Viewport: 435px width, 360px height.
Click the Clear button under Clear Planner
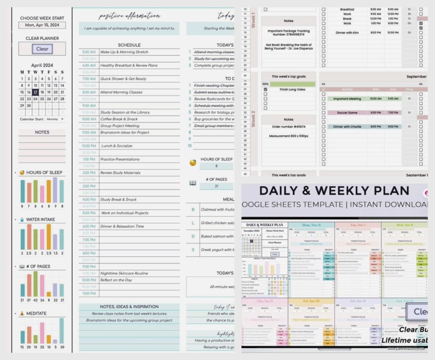[x=42, y=49]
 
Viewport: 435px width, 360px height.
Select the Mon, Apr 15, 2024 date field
[x=42, y=25]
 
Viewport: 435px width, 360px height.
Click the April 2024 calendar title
[x=42, y=65]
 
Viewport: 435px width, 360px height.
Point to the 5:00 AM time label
[x=89, y=52]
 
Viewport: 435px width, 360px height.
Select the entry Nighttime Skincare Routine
[x=124, y=273]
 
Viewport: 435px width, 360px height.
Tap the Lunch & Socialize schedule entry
[x=116, y=146]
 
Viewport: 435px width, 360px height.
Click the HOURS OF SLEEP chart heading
[x=44, y=173]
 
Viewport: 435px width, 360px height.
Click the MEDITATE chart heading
[x=36, y=314]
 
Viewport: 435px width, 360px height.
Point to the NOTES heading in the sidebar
[x=42, y=132]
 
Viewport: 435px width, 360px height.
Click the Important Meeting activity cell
[x=347, y=99]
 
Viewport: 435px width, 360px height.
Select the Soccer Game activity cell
[x=347, y=113]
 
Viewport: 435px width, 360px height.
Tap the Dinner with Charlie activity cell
[x=347, y=127]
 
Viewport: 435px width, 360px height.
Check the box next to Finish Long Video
[x=266, y=90]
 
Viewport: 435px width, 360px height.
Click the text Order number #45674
[x=288, y=127]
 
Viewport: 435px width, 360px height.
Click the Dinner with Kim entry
[x=347, y=33]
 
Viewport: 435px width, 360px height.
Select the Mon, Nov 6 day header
[x=311, y=225]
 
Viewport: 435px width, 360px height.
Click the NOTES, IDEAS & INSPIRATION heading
[x=129, y=306]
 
